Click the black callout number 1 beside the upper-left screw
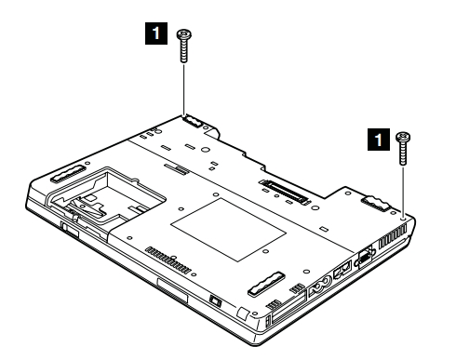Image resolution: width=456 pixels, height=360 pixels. pos(156,33)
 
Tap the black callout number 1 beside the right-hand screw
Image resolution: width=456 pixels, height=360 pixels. pos(379,140)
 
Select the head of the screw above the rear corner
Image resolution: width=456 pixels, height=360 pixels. pos(184,34)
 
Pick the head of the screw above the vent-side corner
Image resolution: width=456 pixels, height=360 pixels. pos(403,137)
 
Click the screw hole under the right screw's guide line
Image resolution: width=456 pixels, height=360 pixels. pos(403,219)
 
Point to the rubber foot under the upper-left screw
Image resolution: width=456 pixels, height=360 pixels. pos(194,121)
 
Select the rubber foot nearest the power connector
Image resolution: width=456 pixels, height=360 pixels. pos(266,283)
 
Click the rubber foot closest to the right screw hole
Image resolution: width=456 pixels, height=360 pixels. pos(376,203)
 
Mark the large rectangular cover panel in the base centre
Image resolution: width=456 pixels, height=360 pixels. pos(228,230)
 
